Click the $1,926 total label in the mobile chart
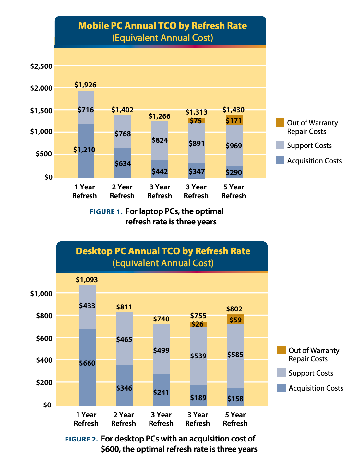coord(86,85)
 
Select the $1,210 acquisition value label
coord(84,150)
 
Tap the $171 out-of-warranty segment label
coord(234,121)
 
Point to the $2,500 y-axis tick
coord(41,66)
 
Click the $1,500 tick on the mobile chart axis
coord(41,111)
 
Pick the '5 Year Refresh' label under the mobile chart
coord(234,191)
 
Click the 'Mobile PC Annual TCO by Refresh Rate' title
coord(162,26)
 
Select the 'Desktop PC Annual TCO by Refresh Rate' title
coord(163,251)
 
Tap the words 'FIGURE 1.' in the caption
coord(106,212)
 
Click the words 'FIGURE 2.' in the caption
coord(81,439)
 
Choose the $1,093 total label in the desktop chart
coord(87,280)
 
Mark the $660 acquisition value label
coord(87,363)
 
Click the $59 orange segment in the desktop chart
coord(235,320)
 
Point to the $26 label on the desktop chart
coord(198,324)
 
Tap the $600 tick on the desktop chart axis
coord(43,338)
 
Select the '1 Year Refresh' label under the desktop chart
coord(86,419)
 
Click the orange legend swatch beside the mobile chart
coord(280,123)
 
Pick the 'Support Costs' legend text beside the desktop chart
coord(311,373)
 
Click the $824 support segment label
coord(160,140)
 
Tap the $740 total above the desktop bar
coord(161,319)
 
